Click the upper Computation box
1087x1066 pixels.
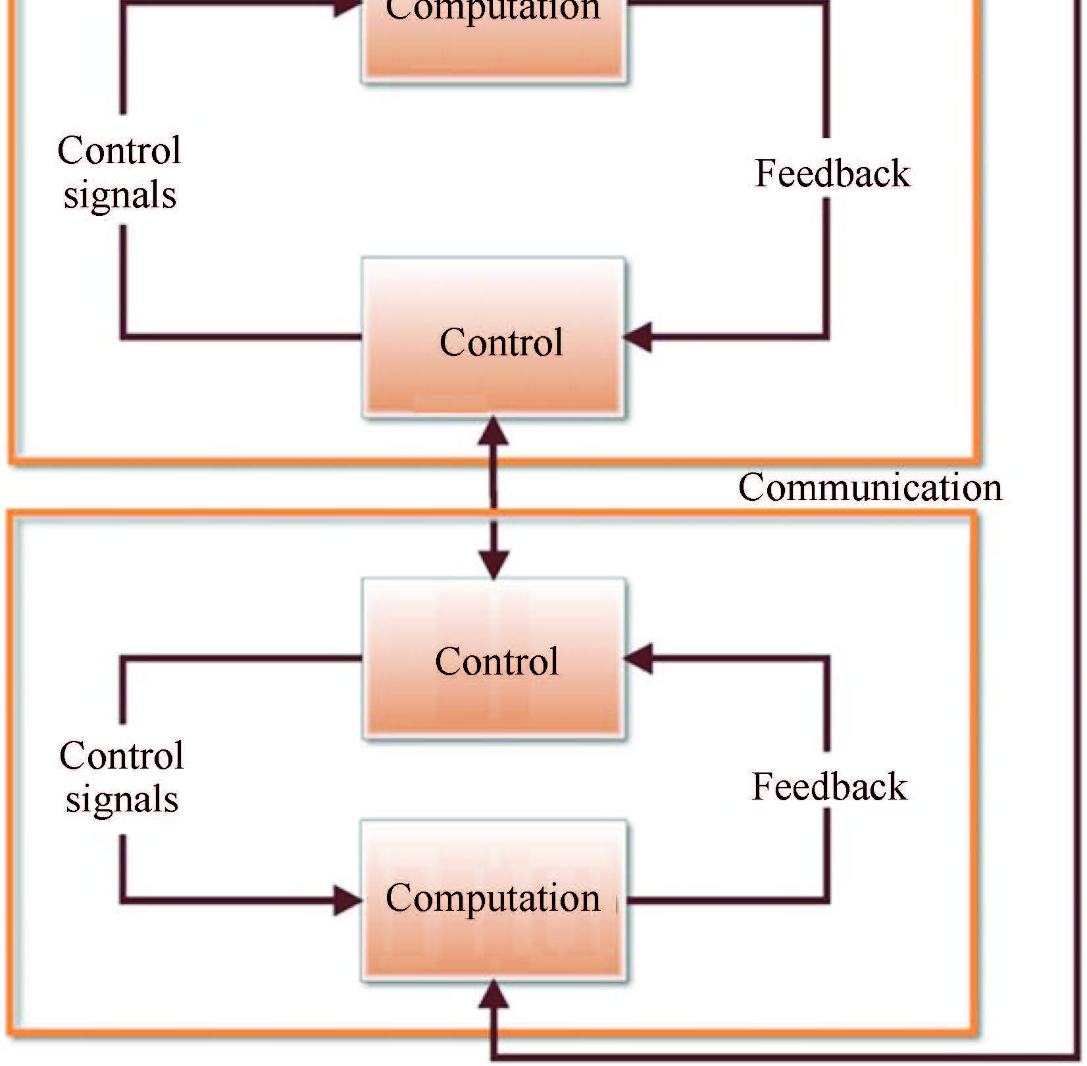pos(493,39)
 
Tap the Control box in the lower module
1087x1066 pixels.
pos(493,659)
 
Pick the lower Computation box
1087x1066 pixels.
pos(493,900)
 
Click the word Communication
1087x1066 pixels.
pos(870,488)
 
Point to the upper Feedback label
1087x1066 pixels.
pos(832,174)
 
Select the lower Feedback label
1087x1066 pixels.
pos(829,786)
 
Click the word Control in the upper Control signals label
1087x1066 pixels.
pos(119,150)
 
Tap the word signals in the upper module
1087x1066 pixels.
pos(120,195)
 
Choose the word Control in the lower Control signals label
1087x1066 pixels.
pos(121,755)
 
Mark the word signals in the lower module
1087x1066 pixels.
pos(122,799)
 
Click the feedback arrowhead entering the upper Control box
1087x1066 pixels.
pos(638,338)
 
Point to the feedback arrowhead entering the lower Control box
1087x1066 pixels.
pos(638,658)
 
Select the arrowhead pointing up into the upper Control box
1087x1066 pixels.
pos(493,431)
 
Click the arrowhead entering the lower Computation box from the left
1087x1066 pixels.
pos(347,900)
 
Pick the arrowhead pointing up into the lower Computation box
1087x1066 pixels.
pos(493,995)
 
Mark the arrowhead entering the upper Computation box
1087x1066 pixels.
pos(347,5)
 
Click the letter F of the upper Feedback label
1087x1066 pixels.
pos(764,174)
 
